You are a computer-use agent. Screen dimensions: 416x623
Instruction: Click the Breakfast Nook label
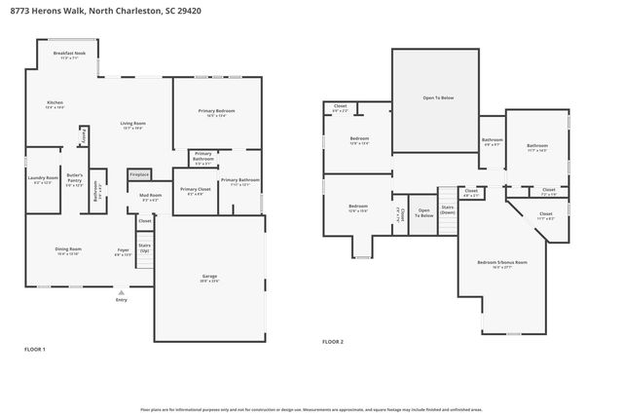pyautogui.click(x=70, y=55)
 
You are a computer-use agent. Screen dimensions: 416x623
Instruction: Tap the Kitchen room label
pyautogui.click(x=55, y=104)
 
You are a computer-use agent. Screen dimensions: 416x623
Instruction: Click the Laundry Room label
pyautogui.click(x=43, y=179)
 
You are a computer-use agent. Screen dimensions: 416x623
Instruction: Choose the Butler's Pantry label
pyautogui.click(x=74, y=181)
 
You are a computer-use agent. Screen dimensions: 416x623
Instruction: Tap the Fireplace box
pyautogui.click(x=140, y=175)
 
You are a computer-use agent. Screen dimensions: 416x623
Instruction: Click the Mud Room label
pyautogui.click(x=150, y=198)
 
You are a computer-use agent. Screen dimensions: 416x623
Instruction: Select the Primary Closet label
pyautogui.click(x=196, y=191)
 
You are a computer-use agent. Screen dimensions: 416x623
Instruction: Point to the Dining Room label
pyautogui.click(x=68, y=250)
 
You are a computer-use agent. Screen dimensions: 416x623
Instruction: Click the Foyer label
pyautogui.click(x=124, y=252)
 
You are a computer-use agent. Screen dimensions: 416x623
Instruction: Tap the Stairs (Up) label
pyautogui.click(x=144, y=247)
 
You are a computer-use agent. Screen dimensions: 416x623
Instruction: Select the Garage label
pyautogui.click(x=209, y=279)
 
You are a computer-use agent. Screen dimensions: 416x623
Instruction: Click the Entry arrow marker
pyautogui.click(x=121, y=292)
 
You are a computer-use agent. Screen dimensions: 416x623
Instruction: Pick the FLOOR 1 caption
pyautogui.click(x=35, y=348)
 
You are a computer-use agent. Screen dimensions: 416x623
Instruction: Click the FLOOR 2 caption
pyautogui.click(x=333, y=341)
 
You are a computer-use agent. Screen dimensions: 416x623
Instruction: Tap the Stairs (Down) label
pyautogui.click(x=448, y=209)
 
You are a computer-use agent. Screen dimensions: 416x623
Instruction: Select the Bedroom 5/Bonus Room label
pyautogui.click(x=502, y=264)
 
